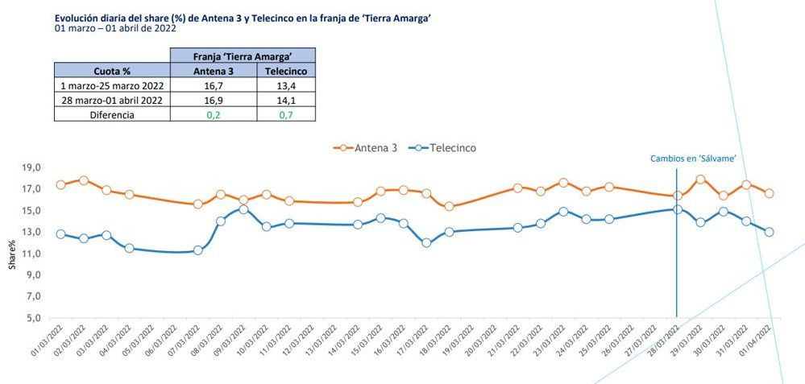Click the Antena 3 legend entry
pyautogui.click(x=367, y=148)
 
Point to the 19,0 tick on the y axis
pyautogui.click(x=31, y=167)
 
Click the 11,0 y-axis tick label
pyautogui.click(x=31, y=254)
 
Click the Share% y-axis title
pyautogui.click(x=12, y=254)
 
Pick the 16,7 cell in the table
pyautogui.click(x=214, y=85)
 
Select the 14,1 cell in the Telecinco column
pyautogui.click(x=286, y=100)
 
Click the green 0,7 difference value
pyautogui.click(x=286, y=114)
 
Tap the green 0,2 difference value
pyautogui.click(x=214, y=114)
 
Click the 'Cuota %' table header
pyautogui.click(x=112, y=71)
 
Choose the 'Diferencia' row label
pyautogui.click(x=112, y=114)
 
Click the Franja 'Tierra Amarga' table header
pyautogui.click(x=243, y=56)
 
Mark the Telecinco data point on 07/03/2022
pyautogui.click(x=197, y=250)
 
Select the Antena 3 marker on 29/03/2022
pyautogui.click(x=700, y=180)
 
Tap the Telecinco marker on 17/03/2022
pyautogui.click(x=426, y=242)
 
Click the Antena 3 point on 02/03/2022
pyautogui.click(x=83, y=180)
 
